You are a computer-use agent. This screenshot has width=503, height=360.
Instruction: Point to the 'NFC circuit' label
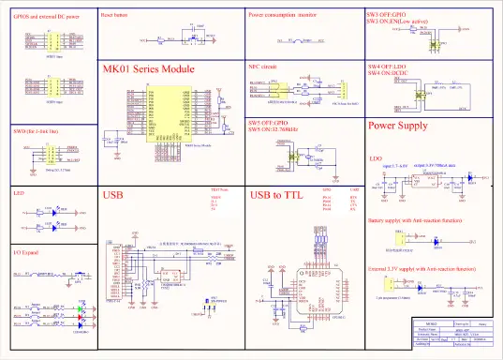pos(262,67)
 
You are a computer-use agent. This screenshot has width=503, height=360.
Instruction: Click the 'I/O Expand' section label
pos(25,253)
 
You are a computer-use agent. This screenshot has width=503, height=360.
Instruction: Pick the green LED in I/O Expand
pos(82,313)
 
